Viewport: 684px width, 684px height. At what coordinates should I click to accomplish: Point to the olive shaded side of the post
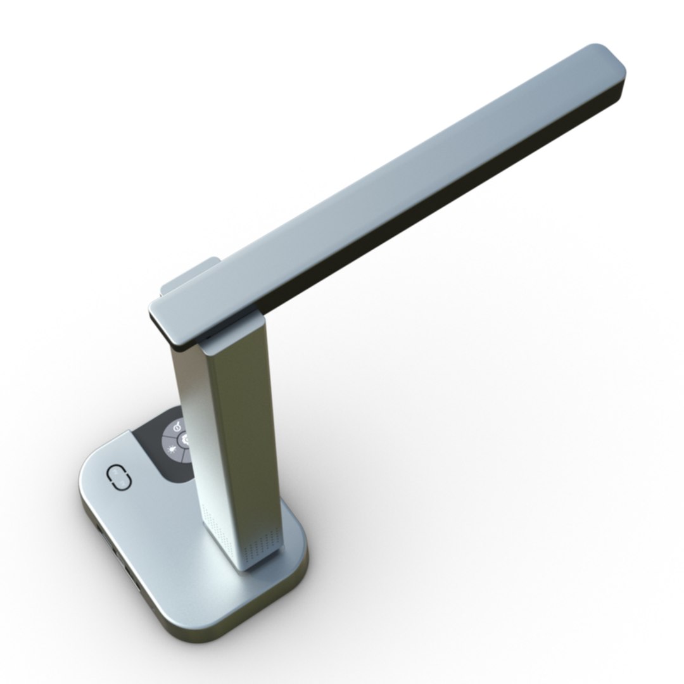click(x=250, y=443)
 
